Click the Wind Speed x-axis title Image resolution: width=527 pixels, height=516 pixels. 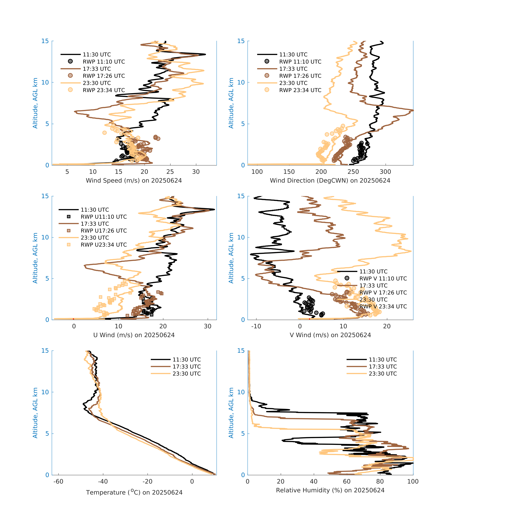pyautogui.click(x=134, y=181)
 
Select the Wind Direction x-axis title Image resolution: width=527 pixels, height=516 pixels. pyautogui.click(x=330, y=181)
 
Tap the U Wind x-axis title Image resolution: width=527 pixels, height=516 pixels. pyautogui.click(x=134, y=335)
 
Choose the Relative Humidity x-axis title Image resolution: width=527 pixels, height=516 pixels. pyautogui.click(x=330, y=490)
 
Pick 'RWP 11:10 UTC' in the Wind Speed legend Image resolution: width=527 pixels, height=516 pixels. pyautogui.click(x=104, y=62)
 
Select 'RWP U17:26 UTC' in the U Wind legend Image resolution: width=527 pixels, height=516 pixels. pyautogui.click(x=104, y=231)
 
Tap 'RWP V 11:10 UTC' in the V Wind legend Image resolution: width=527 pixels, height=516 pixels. pyautogui.click(x=383, y=279)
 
